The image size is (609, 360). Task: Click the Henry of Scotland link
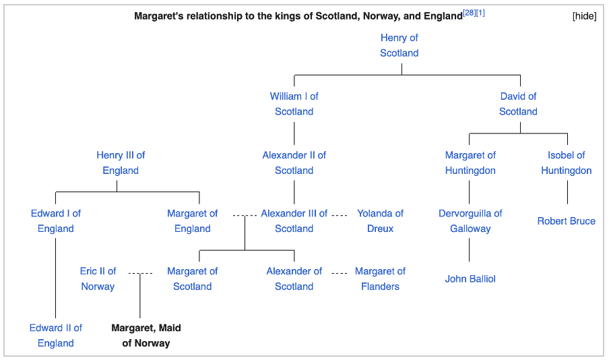399,45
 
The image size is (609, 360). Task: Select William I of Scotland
294,104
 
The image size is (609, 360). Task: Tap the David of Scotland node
518,104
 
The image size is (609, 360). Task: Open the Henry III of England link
121,162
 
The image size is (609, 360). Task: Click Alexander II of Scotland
294,162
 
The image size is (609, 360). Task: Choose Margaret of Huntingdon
470,162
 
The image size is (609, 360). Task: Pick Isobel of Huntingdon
567,162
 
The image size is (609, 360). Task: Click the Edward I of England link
55,221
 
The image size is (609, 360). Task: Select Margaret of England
192,221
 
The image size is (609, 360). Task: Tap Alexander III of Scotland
294,221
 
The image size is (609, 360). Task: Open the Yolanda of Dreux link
380,221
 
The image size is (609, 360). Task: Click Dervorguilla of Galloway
470,221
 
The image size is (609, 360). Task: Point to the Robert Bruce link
567,221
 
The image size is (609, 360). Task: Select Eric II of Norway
98,278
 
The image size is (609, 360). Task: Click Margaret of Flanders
380,278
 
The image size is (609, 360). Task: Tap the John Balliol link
470,278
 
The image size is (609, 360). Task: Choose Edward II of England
55,335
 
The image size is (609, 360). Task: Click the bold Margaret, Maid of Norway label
146,335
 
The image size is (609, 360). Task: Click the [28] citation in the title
469,13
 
